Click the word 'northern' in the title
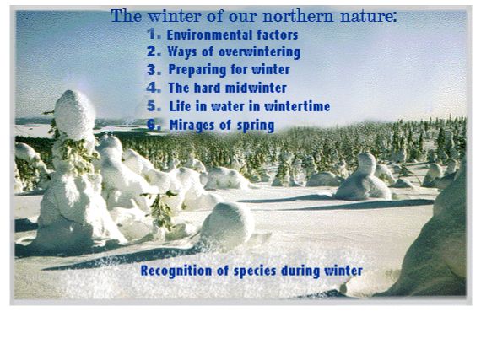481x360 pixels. (x=298, y=16)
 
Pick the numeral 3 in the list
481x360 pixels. (x=154, y=69)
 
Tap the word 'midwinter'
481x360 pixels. (x=256, y=88)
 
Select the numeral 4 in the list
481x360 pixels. (x=154, y=88)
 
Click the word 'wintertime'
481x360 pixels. (x=297, y=106)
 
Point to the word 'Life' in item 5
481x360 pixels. (x=180, y=106)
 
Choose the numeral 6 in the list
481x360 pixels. (x=154, y=125)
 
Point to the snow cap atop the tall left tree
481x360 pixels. (x=74, y=115)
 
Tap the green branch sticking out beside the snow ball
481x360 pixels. (x=160, y=210)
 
